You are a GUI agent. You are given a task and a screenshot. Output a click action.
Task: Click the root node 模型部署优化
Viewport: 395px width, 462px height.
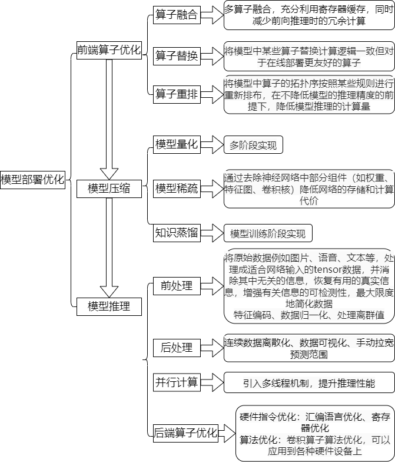(x=32, y=180)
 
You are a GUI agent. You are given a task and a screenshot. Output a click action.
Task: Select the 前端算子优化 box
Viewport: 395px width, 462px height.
(x=109, y=50)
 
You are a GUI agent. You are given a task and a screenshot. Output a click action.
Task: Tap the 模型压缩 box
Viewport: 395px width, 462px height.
(x=109, y=189)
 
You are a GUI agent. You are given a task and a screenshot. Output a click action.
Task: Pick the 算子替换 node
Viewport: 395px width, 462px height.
(x=176, y=57)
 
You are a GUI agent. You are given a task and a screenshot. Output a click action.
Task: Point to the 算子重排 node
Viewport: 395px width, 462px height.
(x=176, y=94)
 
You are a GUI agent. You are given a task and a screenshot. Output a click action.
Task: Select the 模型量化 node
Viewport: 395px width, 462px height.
(x=176, y=144)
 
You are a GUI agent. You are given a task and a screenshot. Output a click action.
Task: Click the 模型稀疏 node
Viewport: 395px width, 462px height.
(x=176, y=189)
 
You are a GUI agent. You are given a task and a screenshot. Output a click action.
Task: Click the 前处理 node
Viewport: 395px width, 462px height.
(x=176, y=286)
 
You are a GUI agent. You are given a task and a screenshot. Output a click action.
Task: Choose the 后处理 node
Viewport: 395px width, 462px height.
(x=176, y=348)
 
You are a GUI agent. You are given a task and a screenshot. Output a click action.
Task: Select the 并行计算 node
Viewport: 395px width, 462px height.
(x=176, y=382)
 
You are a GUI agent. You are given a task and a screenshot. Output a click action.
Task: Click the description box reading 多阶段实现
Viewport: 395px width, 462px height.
(x=254, y=145)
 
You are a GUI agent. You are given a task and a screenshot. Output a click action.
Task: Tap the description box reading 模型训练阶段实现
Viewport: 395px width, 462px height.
(x=268, y=233)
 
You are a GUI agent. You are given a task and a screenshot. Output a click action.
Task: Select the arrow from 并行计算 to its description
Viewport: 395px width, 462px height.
(x=211, y=382)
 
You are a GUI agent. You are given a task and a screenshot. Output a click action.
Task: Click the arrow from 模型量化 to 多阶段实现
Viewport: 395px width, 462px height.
(x=211, y=144)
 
